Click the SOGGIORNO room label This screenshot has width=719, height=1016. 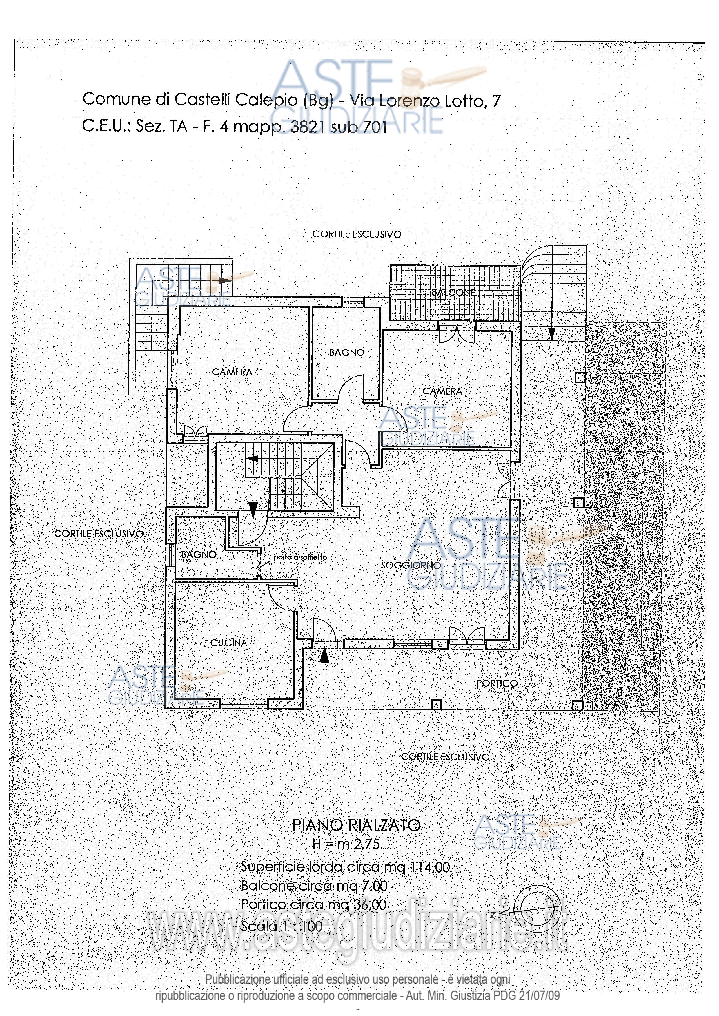(x=411, y=565)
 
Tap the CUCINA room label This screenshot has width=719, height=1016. (x=228, y=643)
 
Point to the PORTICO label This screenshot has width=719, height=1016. (x=497, y=683)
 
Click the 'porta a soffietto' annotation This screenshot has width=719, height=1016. (x=300, y=557)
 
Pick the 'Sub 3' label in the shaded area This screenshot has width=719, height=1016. (x=615, y=440)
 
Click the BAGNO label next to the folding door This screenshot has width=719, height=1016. (x=199, y=554)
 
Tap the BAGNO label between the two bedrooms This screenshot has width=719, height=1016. (x=347, y=353)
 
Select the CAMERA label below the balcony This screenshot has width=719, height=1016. (x=442, y=391)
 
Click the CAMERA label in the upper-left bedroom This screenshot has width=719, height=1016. (x=232, y=372)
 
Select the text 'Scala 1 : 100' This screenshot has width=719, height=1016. (x=282, y=926)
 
